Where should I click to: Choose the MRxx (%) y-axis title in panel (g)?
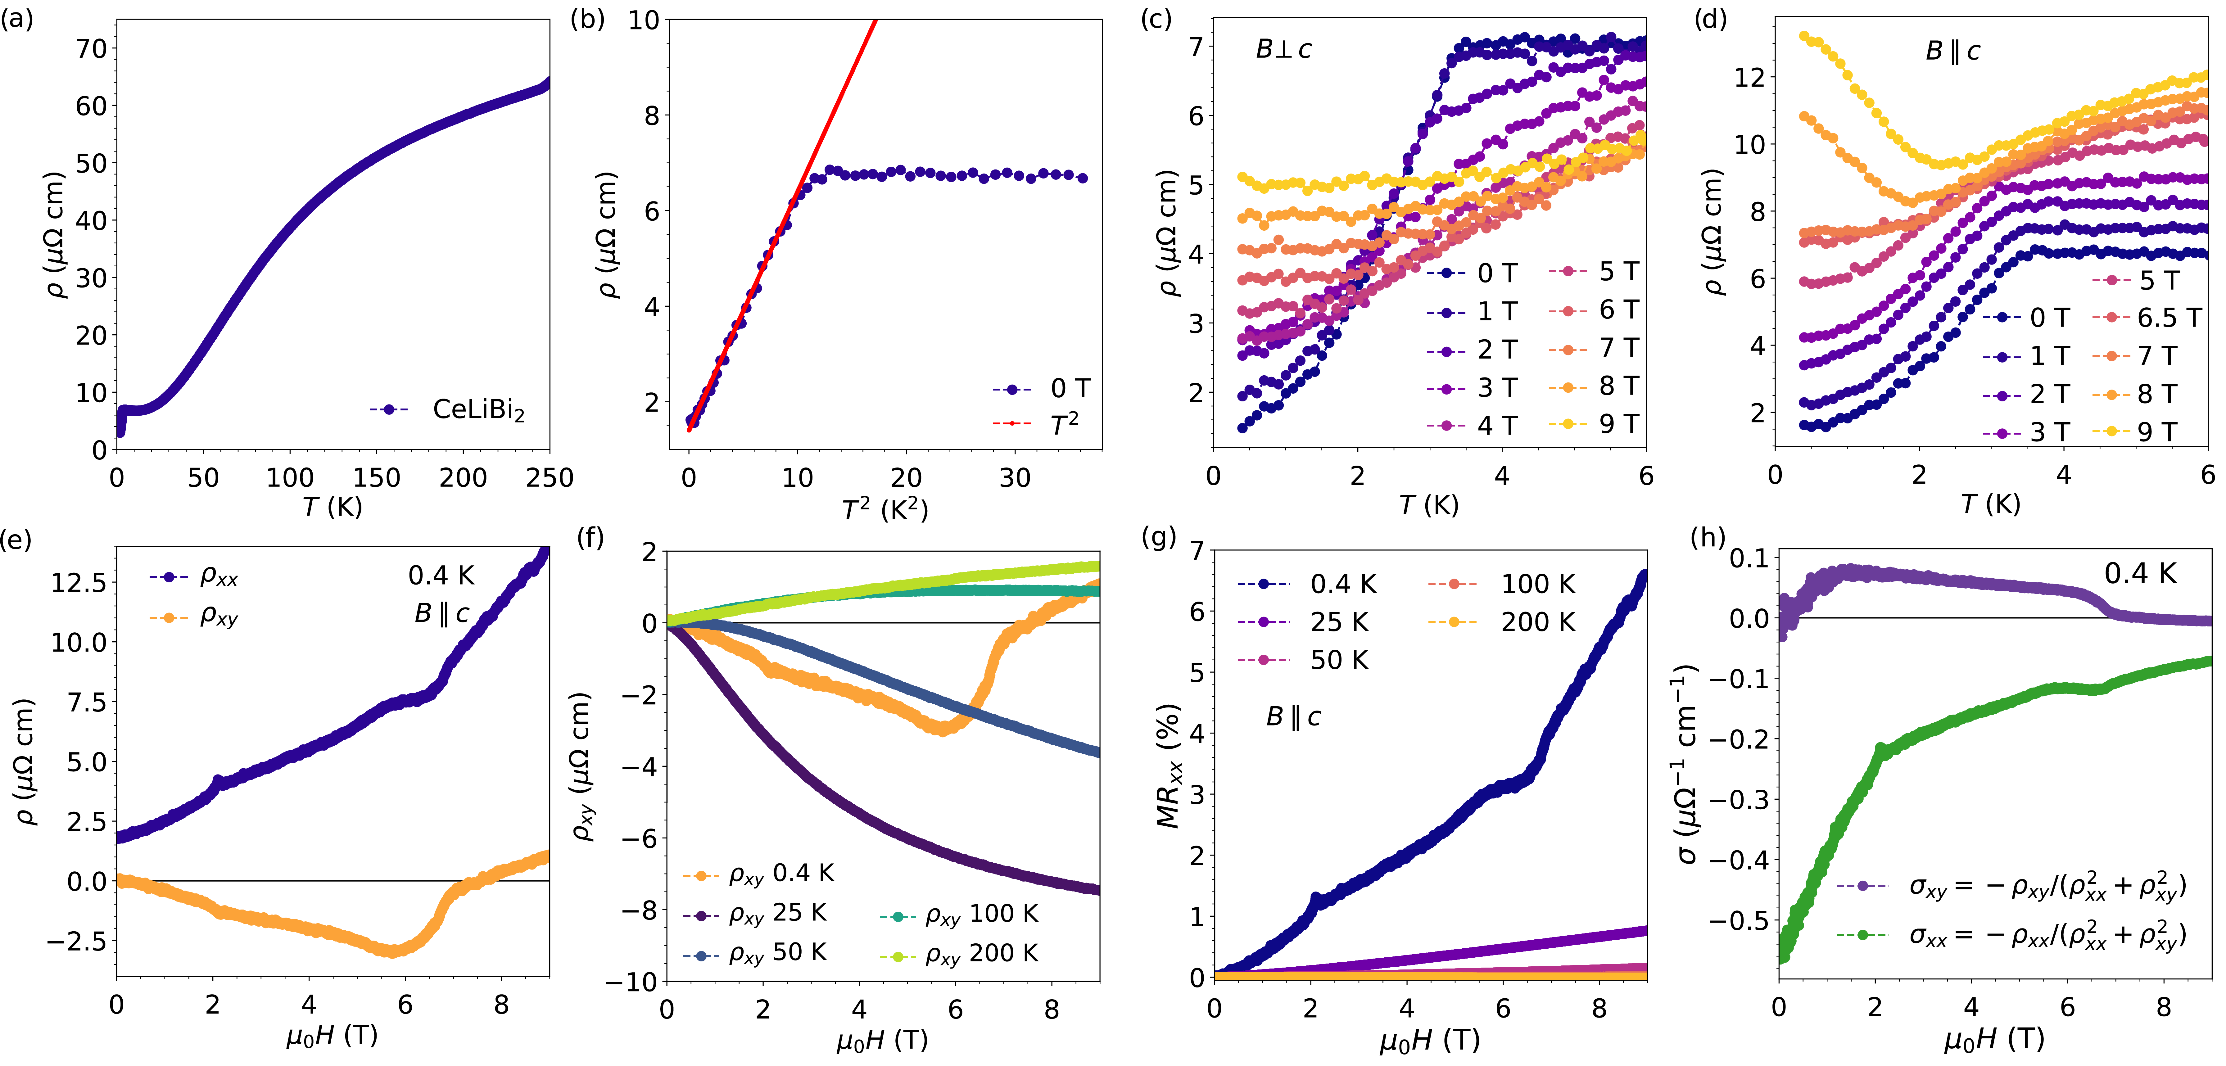click(x=1168, y=765)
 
